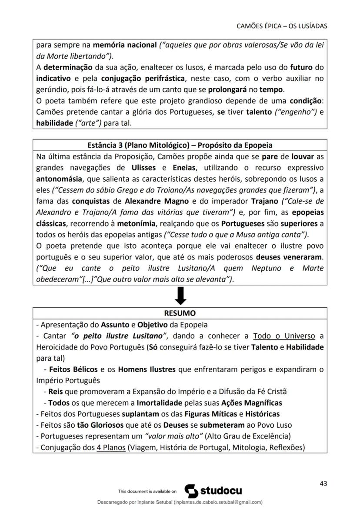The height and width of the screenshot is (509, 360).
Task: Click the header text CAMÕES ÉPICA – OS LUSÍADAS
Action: pos(282,26)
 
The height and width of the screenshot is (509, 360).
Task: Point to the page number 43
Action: pos(323,483)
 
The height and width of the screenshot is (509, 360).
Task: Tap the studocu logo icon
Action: pos(192,491)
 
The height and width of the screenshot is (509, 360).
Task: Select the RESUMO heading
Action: pos(180,313)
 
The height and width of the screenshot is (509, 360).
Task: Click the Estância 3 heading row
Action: pos(180,144)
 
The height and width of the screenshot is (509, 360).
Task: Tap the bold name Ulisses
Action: pos(150,167)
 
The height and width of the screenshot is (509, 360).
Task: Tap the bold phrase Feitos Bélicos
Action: pos(73,369)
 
